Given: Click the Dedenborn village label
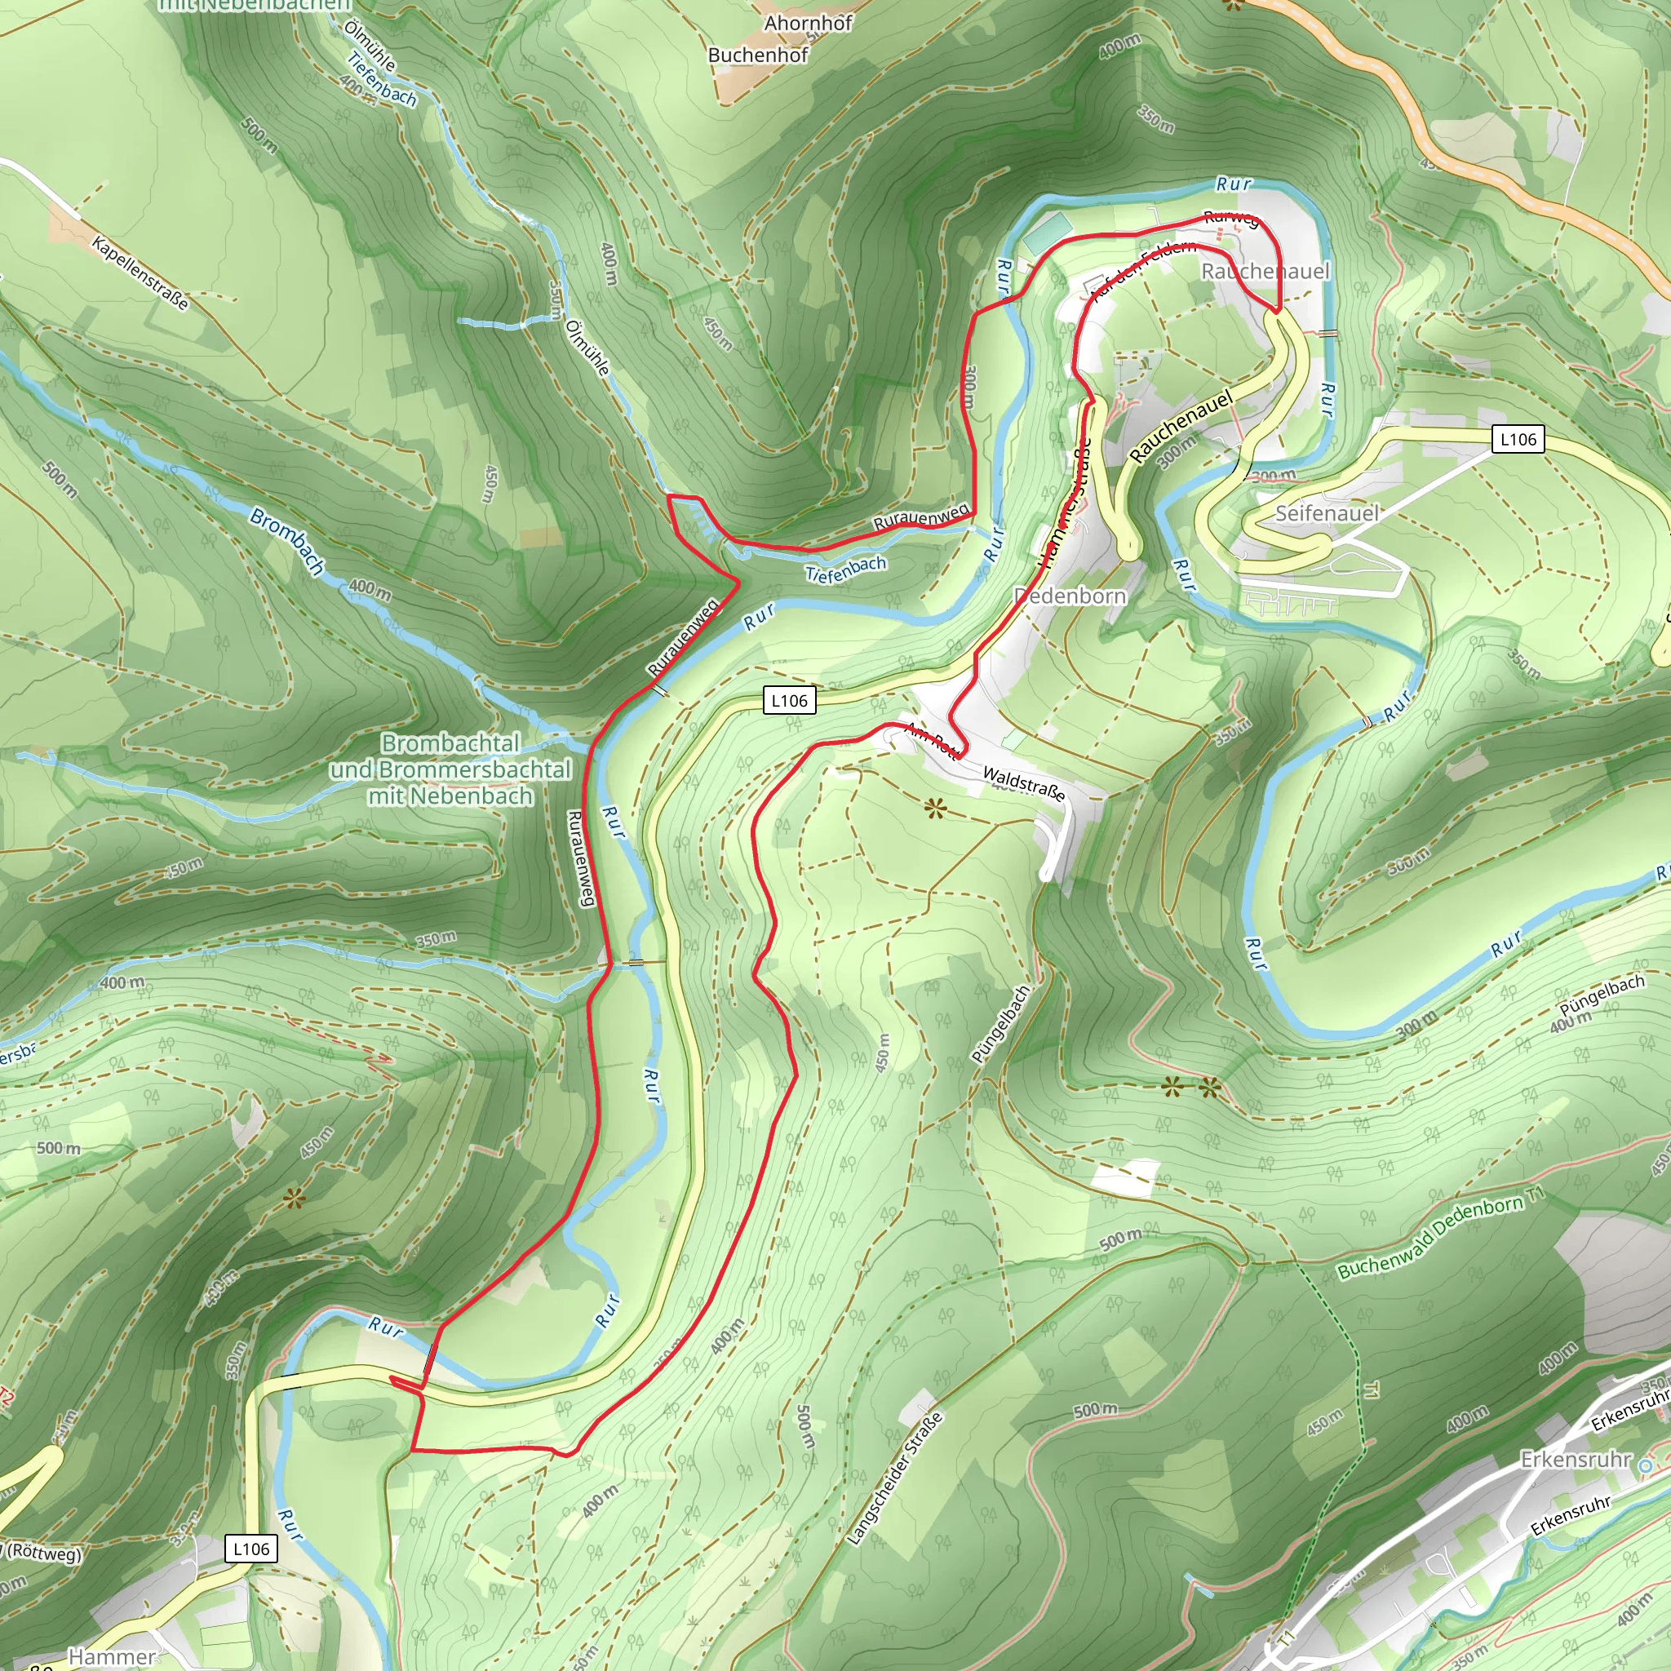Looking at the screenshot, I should point(1070,596).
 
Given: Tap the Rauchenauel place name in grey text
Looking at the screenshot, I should point(1265,271).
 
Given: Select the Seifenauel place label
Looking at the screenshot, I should point(1327,513).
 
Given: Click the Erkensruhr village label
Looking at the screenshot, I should point(1575,1459).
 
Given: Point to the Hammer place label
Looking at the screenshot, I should point(112,1656).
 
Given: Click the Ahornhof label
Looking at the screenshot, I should point(808,24).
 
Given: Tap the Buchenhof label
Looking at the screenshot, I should point(758,55).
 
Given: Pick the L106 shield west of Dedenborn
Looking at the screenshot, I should point(789,700).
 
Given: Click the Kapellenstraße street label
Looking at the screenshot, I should point(140,273).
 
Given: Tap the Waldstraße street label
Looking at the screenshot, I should point(1024,782).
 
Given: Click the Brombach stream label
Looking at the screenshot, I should point(287,542).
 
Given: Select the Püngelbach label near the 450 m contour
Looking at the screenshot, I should point(1000,1024).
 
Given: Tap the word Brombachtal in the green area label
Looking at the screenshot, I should point(450,743).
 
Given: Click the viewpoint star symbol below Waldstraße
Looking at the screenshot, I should point(935,809).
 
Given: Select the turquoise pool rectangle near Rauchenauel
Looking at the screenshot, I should point(1049,233).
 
